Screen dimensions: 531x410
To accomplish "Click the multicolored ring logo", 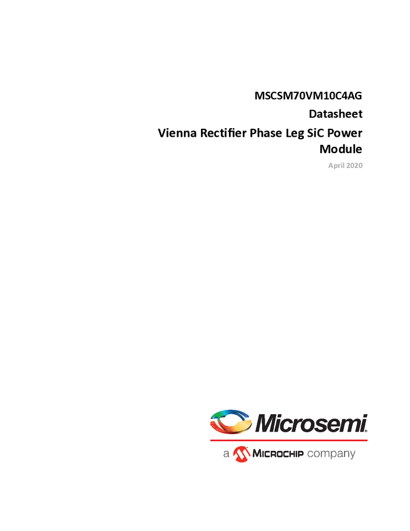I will (x=230, y=422).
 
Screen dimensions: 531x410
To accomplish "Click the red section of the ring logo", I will (x=218, y=428).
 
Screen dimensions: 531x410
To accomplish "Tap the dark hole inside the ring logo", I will (x=232, y=421).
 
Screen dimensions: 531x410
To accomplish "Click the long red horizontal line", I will (x=288, y=440).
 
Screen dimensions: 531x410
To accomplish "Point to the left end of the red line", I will (x=210, y=440).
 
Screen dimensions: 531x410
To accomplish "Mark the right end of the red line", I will (x=368, y=440).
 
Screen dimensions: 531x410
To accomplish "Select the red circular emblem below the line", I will (x=241, y=455).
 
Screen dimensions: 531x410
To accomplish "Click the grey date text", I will (x=345, y=166).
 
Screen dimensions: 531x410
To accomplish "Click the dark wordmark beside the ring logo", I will (x=311, y=424).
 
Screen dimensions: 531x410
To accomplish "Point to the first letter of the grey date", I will (x=329, y=166).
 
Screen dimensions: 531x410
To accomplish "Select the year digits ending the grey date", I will (x=356, y=166).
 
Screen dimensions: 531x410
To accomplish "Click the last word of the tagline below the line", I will (x=340, y=455).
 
